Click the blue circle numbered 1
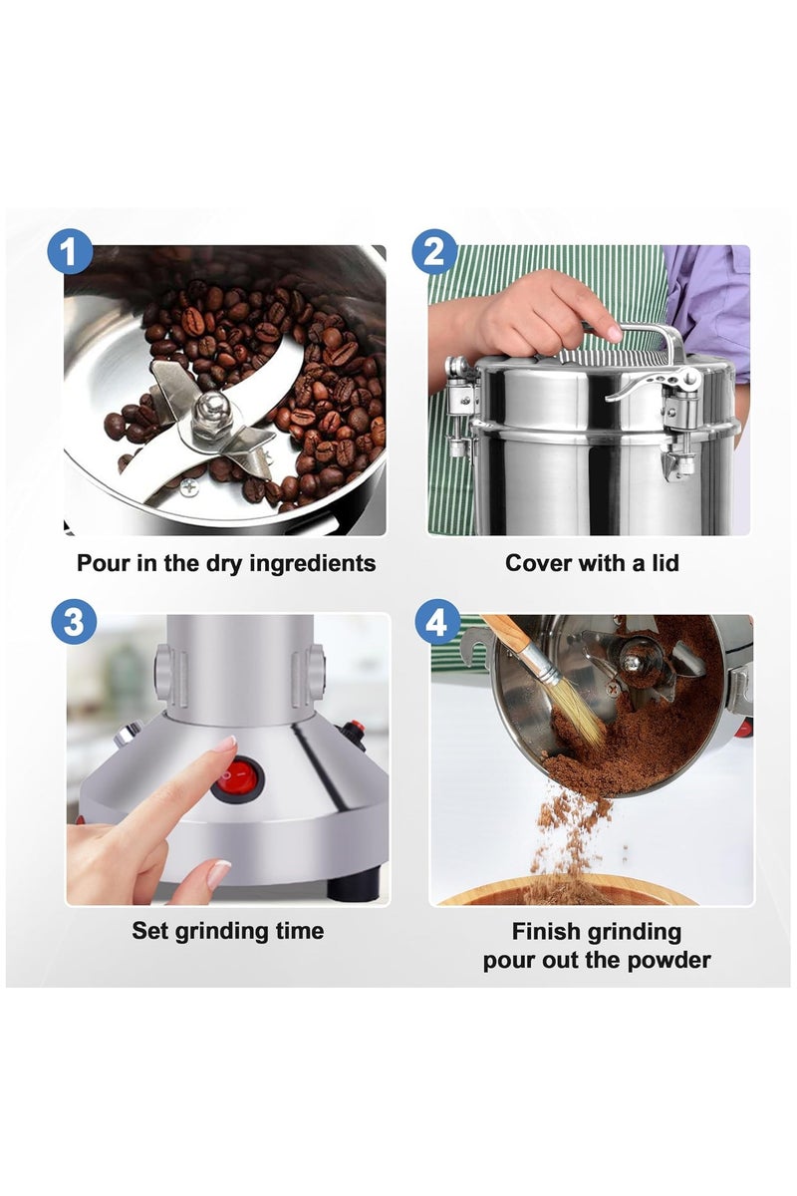coord(70,251)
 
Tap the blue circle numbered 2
coord(434,251)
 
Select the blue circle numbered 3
coord(74,623)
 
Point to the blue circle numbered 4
coord(437,622)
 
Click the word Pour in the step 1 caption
coord(103,563)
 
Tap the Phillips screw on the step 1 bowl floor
coord(188,487)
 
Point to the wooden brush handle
coord(512,640)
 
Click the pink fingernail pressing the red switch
coord(225,744)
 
